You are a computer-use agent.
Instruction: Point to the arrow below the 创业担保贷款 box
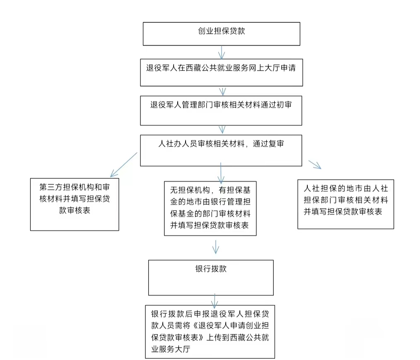click(222, 52)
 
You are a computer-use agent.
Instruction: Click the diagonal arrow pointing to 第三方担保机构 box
click(124, 165)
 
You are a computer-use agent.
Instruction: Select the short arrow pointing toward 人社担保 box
click(315, 165)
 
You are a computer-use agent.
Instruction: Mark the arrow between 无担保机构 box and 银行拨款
click(216, 246)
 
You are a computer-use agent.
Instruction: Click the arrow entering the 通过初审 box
click(222, 91)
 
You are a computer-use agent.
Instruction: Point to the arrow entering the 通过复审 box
click(222, 130)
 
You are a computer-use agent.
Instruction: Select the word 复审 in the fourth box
click(276, 144)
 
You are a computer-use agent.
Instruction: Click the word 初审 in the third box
click(284, 105)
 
